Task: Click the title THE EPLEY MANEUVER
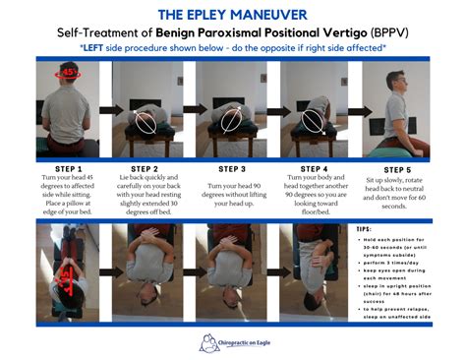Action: tap(233, 13)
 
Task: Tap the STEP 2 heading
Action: tap(152, 168)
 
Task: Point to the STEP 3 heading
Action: tap(233, 168)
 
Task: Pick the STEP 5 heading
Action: tap(394, 168)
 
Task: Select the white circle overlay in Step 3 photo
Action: tap(228, 119)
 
